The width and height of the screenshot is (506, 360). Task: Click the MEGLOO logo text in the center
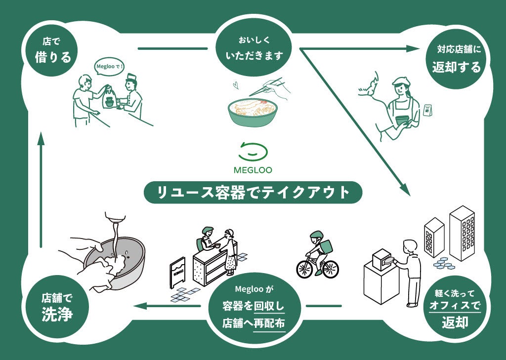[x=253, y=170]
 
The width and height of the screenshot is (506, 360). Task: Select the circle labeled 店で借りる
[x=52, y=51]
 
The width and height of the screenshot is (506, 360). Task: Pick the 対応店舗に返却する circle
[x=456, y=59]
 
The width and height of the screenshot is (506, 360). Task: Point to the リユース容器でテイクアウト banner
[x=253, y=192]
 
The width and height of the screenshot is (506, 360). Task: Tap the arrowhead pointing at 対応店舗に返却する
[x=413, y=48]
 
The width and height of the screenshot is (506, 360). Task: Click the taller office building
[x=462, y=232]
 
